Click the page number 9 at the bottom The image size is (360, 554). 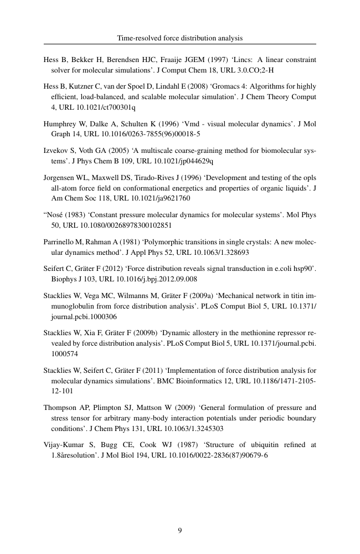pos(180,531)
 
